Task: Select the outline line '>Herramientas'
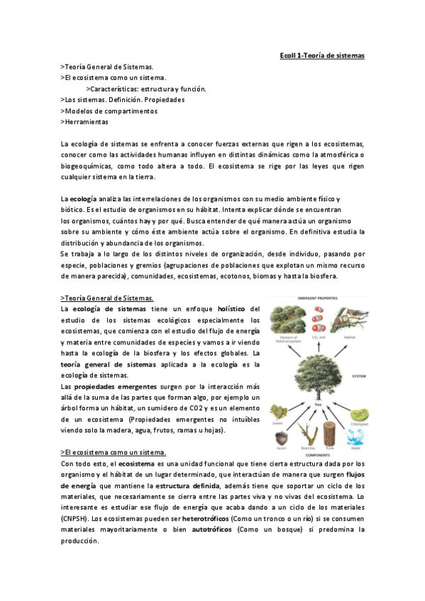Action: [x=85, y=122]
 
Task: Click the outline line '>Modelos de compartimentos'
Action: [x=109, y=111]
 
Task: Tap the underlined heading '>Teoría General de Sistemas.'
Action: [x=107, y=298]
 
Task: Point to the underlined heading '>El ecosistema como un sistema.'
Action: [x=114, y=452]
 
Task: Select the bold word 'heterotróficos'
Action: [x=210, y=519]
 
